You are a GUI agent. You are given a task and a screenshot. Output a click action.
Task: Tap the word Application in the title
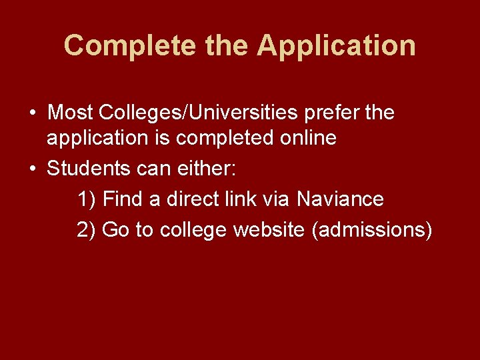coord(336,46)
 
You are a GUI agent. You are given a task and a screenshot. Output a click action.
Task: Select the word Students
coord(85,168)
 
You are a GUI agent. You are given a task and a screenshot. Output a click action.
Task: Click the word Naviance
coord(340,199)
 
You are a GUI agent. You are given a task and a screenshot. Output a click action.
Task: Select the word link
coord(245,199)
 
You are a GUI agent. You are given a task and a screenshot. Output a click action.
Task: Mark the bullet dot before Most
coord(32,113)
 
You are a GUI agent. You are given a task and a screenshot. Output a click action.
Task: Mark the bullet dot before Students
coord(32,169)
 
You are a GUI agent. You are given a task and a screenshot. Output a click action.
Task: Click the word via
coord(279,199)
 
